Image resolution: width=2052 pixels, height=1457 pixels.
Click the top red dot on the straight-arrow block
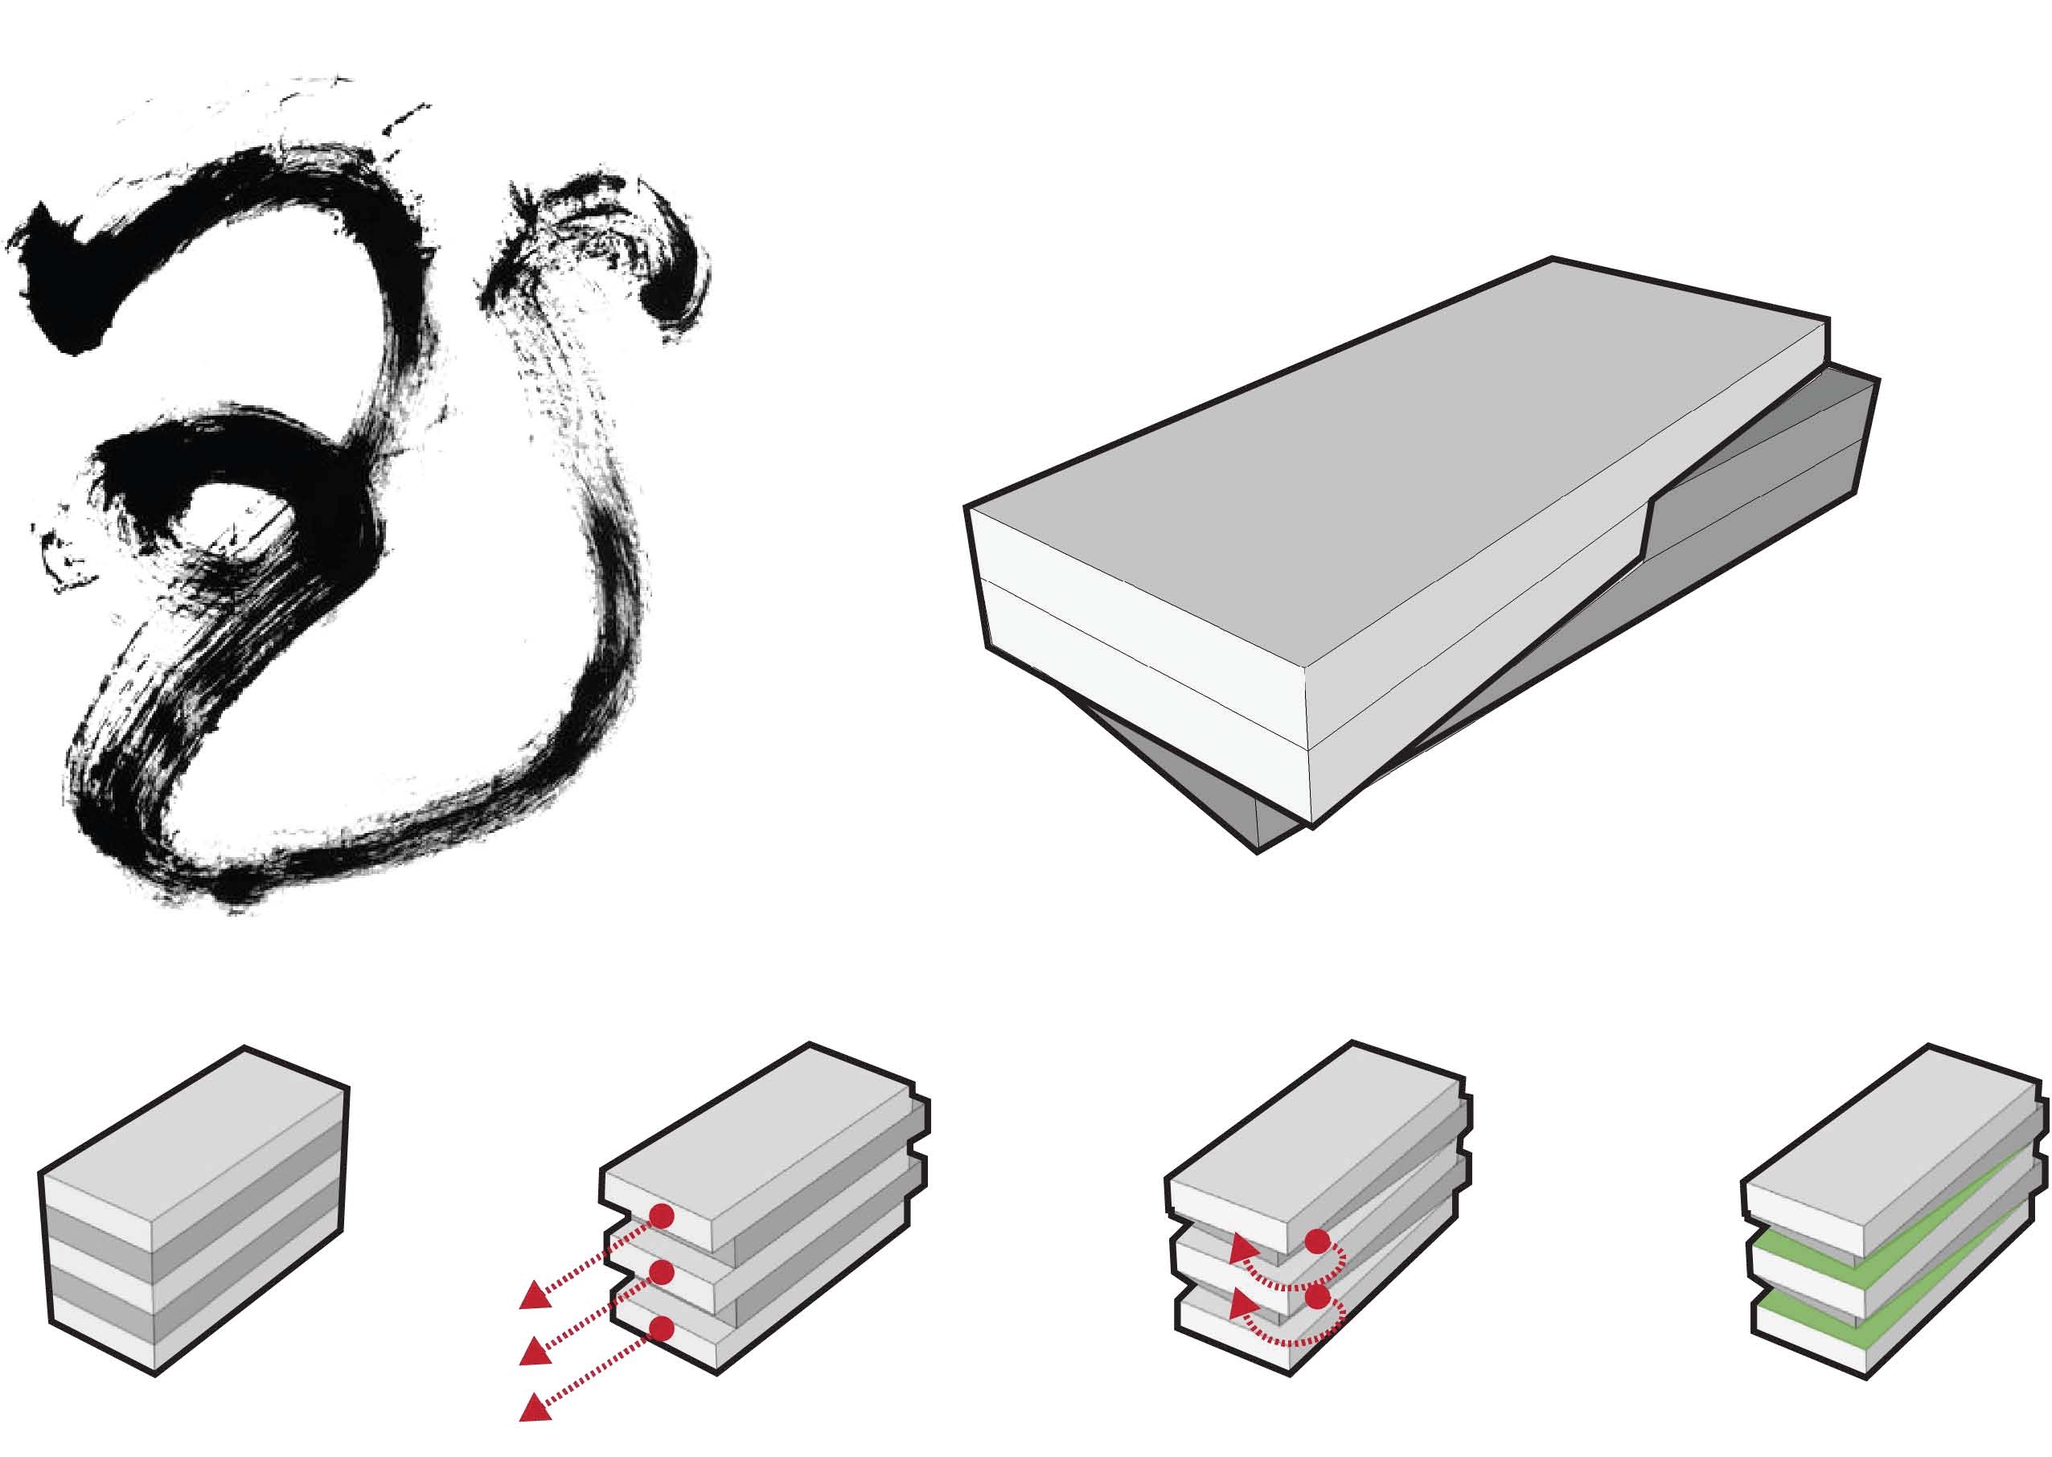661,1217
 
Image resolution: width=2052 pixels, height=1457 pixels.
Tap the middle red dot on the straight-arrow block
661,1272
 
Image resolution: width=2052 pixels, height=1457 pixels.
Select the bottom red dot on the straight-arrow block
661,1328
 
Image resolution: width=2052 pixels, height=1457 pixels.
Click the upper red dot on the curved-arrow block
1317,1242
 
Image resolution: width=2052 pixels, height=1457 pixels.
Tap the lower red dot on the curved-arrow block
1317,1299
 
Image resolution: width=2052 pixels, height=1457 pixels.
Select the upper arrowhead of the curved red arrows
1241,1248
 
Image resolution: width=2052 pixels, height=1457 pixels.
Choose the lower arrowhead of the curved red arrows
1241,1303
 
